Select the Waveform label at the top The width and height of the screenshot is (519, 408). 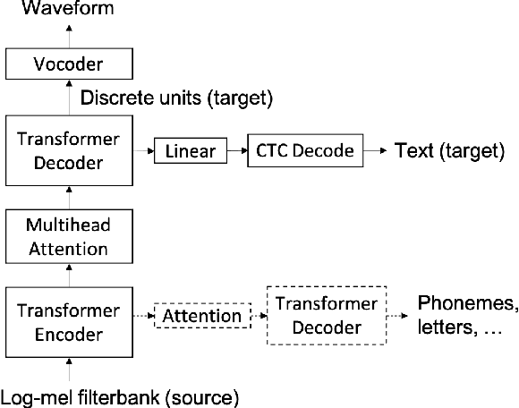56,11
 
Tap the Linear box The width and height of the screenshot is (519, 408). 189,151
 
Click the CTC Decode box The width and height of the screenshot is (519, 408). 305,150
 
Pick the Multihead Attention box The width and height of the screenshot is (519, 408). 69,234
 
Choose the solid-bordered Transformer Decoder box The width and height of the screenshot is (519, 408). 69,149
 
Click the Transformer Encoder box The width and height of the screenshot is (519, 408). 69,316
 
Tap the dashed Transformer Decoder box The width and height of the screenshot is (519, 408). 325,316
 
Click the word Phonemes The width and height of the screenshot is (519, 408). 467,302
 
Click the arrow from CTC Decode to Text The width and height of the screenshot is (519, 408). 375,150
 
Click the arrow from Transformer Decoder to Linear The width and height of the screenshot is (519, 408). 143,151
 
